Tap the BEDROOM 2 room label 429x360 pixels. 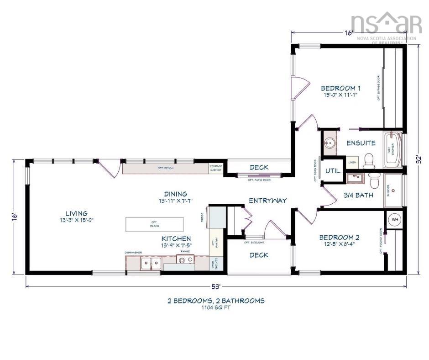339,238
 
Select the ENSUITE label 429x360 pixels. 361,143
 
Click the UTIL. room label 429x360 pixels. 333,171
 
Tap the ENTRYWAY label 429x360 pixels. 267,201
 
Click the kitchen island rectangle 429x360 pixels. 154,224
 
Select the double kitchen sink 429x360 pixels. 150,262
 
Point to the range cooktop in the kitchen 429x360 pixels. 186,260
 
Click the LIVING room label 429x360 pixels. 77,213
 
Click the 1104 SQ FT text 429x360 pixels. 216,308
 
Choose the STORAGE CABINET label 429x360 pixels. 215,168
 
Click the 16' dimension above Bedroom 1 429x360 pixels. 349,33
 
